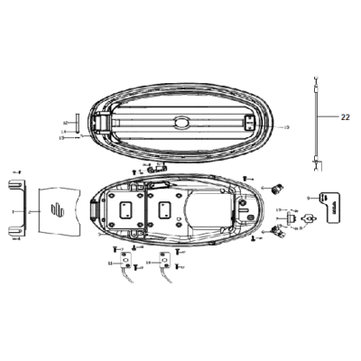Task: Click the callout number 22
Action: tap(346, 116)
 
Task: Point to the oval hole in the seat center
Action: tap(181, 123)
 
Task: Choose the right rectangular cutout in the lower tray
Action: tap(165, 211)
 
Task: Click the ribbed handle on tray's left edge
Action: tap(97, 207)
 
